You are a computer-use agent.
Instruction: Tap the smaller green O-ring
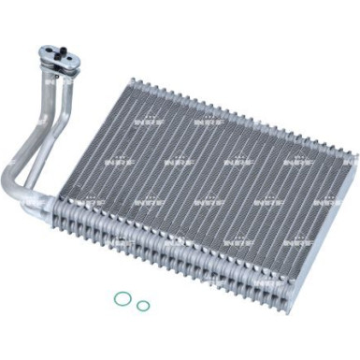(x=142, y=305)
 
